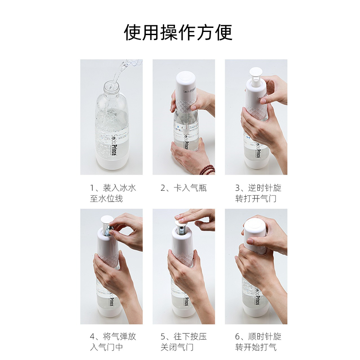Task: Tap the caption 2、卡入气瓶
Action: (184, 188)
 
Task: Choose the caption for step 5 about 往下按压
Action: (184, 342)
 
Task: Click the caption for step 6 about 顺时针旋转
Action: (256, 342)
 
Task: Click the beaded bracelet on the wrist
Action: (207, 170)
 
